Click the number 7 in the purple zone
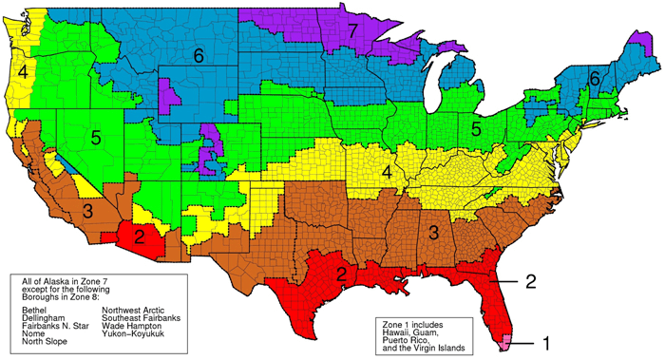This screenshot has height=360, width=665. (x=352, y=32)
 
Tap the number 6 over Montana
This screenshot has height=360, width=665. (x=199, y=56)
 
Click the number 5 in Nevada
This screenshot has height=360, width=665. (x=97, y=138)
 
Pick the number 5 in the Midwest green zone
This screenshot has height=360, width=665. (x=474, y=126)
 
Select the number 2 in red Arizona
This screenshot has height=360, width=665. (x=139, y=235)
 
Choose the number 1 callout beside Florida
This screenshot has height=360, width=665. (x=545, y=338)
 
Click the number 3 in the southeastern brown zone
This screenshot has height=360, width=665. (x=432, y=232)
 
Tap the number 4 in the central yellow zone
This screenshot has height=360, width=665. (x=387, y=172)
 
